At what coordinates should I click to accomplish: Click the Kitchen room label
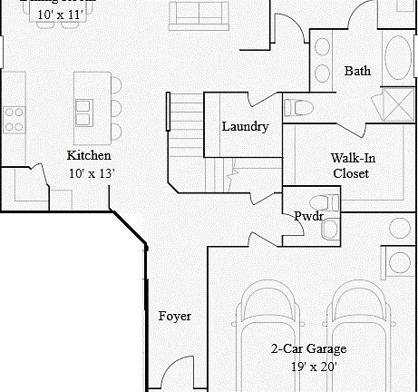coord(89,155)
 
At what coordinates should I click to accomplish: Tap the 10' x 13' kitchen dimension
coord(91,172)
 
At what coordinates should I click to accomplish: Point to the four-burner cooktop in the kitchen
coord(14,116)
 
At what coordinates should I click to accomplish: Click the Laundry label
coord(245,126)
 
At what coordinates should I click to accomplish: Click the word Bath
coord(356,71)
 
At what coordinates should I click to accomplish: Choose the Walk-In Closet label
coord(350,165)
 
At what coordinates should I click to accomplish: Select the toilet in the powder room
coord(323,201)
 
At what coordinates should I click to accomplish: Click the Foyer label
coord(174,316)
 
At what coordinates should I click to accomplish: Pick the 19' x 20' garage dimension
coord(308,367)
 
